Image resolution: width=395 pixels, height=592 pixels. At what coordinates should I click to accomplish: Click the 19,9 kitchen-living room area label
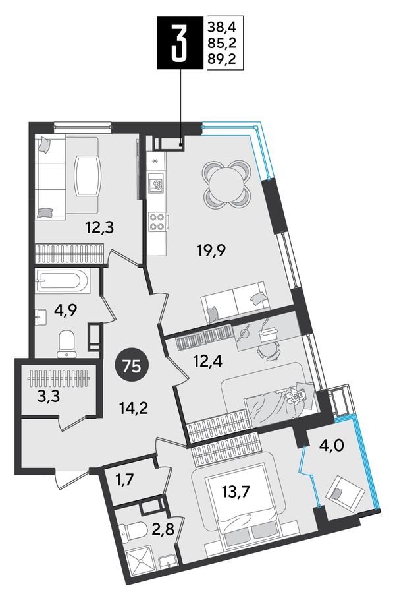point(211,250)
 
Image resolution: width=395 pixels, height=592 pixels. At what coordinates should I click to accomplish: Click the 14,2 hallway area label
point(132,408)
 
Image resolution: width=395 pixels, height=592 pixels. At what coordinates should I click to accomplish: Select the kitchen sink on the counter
point(156,184)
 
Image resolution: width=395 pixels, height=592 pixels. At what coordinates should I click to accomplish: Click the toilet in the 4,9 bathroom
point(66,344)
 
